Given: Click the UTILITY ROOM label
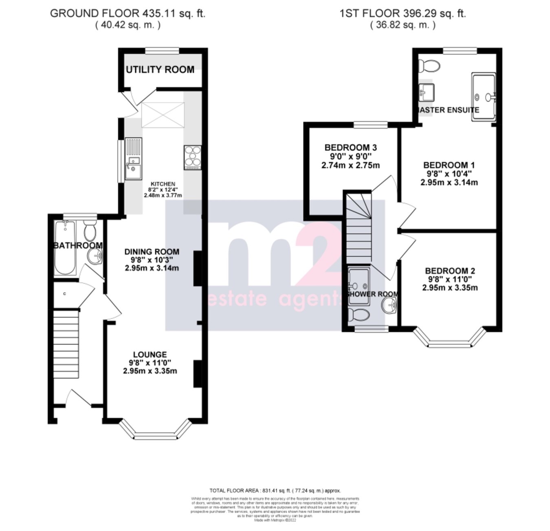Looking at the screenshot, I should (x=160, y=70).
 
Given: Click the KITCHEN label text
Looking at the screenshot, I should (x=163, y=184).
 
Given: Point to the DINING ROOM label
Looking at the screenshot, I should (x=152, y=252).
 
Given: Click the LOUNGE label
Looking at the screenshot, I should (x=150, y=355).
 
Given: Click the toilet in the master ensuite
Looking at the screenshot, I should (x=429, y=65).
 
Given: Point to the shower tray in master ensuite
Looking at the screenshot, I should (x=484, y=97).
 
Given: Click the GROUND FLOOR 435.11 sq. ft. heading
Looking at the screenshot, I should (x=128, y=13).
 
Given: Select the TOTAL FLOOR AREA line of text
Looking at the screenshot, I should (x=275, y=491).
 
